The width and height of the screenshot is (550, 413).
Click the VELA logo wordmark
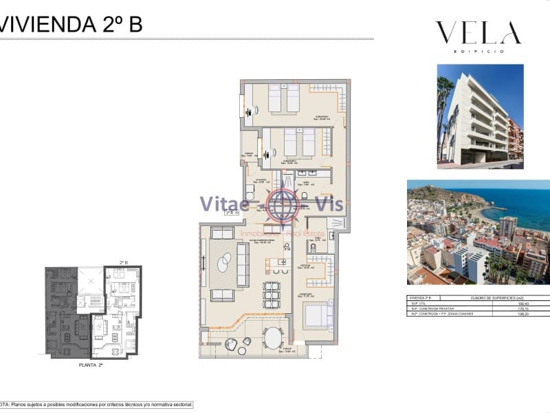click(478, 33)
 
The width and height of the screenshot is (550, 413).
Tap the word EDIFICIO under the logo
click(478, 52)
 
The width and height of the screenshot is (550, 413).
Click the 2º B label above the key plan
click(124, 262)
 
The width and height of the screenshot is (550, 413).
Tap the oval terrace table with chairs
click(273, 337)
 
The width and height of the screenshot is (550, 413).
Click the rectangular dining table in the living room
click(272, 295)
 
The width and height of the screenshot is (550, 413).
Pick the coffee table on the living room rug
click(225, 262)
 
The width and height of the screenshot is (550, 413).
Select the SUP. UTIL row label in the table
click(419, 303)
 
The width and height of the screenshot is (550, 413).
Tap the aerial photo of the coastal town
click(478, 232)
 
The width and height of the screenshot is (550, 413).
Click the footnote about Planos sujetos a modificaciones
click(96, 405)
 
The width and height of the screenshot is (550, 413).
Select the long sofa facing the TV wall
click(243, 265)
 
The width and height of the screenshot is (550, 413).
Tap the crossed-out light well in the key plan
click(89, 280)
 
